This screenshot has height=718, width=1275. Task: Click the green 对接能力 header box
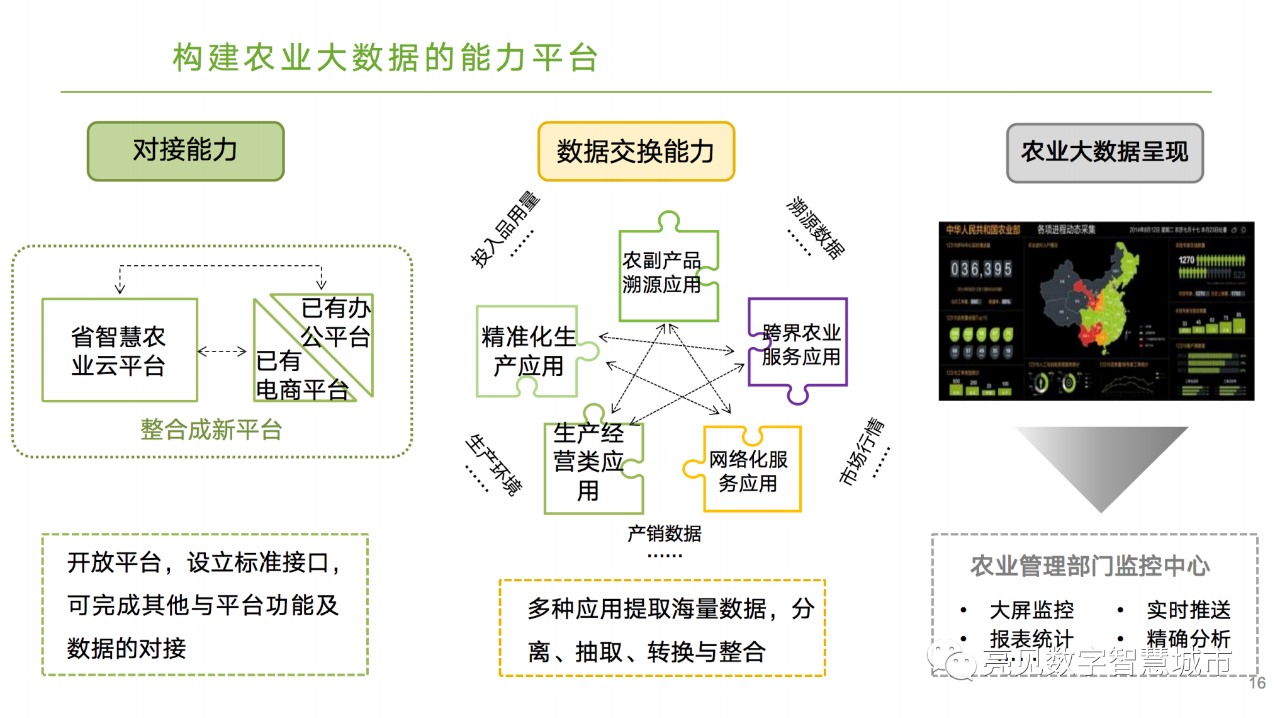point(186,151)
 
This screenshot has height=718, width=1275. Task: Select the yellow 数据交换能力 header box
point(636,152)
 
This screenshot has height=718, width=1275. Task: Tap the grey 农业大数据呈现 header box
point(1104,153)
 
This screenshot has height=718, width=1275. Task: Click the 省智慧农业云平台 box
point(120,350)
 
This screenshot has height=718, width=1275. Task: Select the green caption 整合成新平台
point(211,430)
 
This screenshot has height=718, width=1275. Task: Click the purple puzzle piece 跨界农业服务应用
point(799,345)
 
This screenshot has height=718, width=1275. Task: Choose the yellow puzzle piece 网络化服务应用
point(749,471)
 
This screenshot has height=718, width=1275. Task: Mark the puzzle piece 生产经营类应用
point(590,463)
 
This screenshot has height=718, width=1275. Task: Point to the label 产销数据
point(664,534)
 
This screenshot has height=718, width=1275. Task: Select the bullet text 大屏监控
point(1031,610)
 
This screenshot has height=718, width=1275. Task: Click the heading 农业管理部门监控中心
point(1090,566)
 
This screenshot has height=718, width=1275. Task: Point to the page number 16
point(1257,683)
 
